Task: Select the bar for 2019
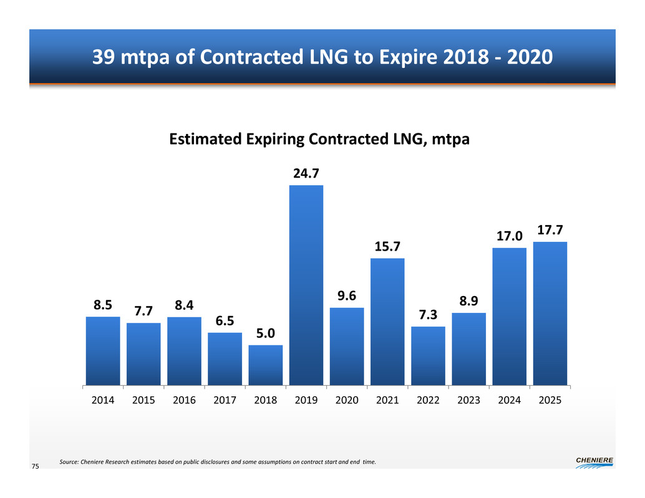pos(306,285)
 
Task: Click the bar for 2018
pos(266,365)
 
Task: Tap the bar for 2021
pos(387,322)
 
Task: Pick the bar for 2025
pos(550,313)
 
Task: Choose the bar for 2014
pos(103,350)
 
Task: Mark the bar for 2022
pos(428,355)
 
